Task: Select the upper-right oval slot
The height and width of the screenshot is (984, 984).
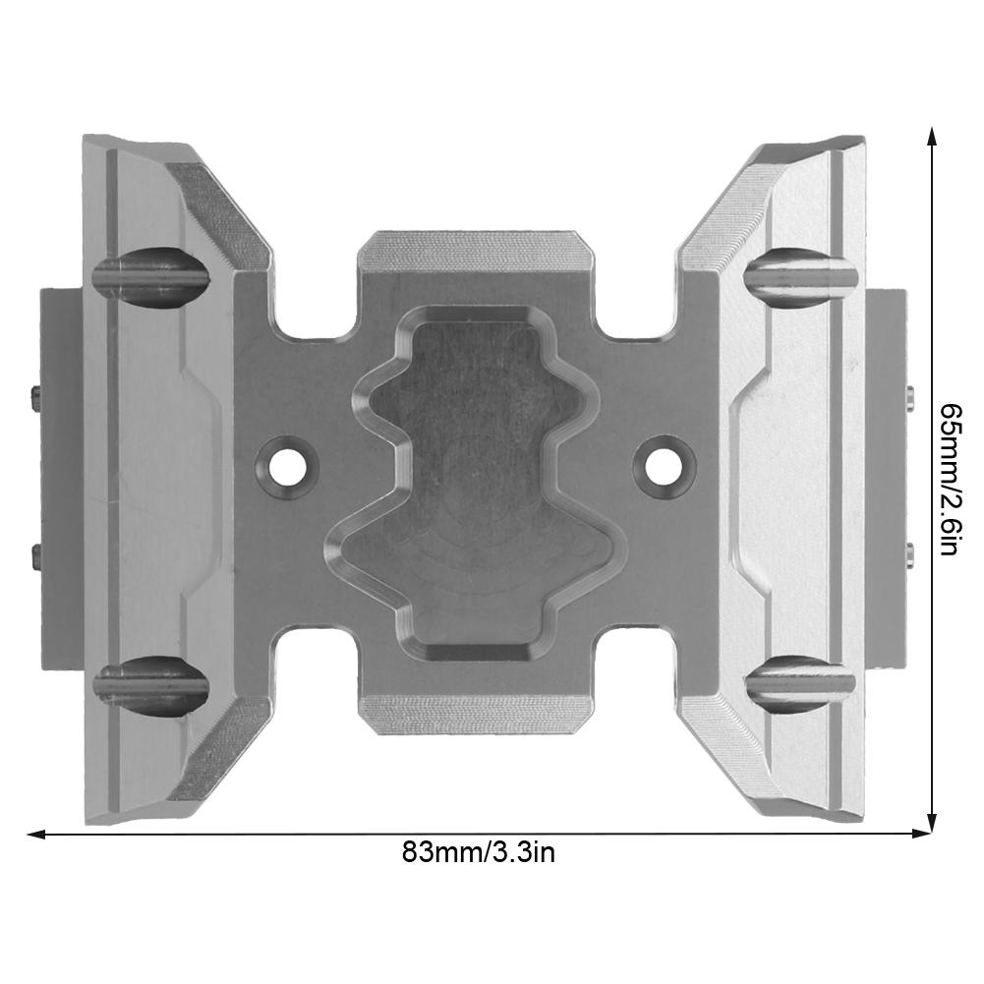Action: point(798,273)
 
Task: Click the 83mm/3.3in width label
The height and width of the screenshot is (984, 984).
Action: point(479,852)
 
